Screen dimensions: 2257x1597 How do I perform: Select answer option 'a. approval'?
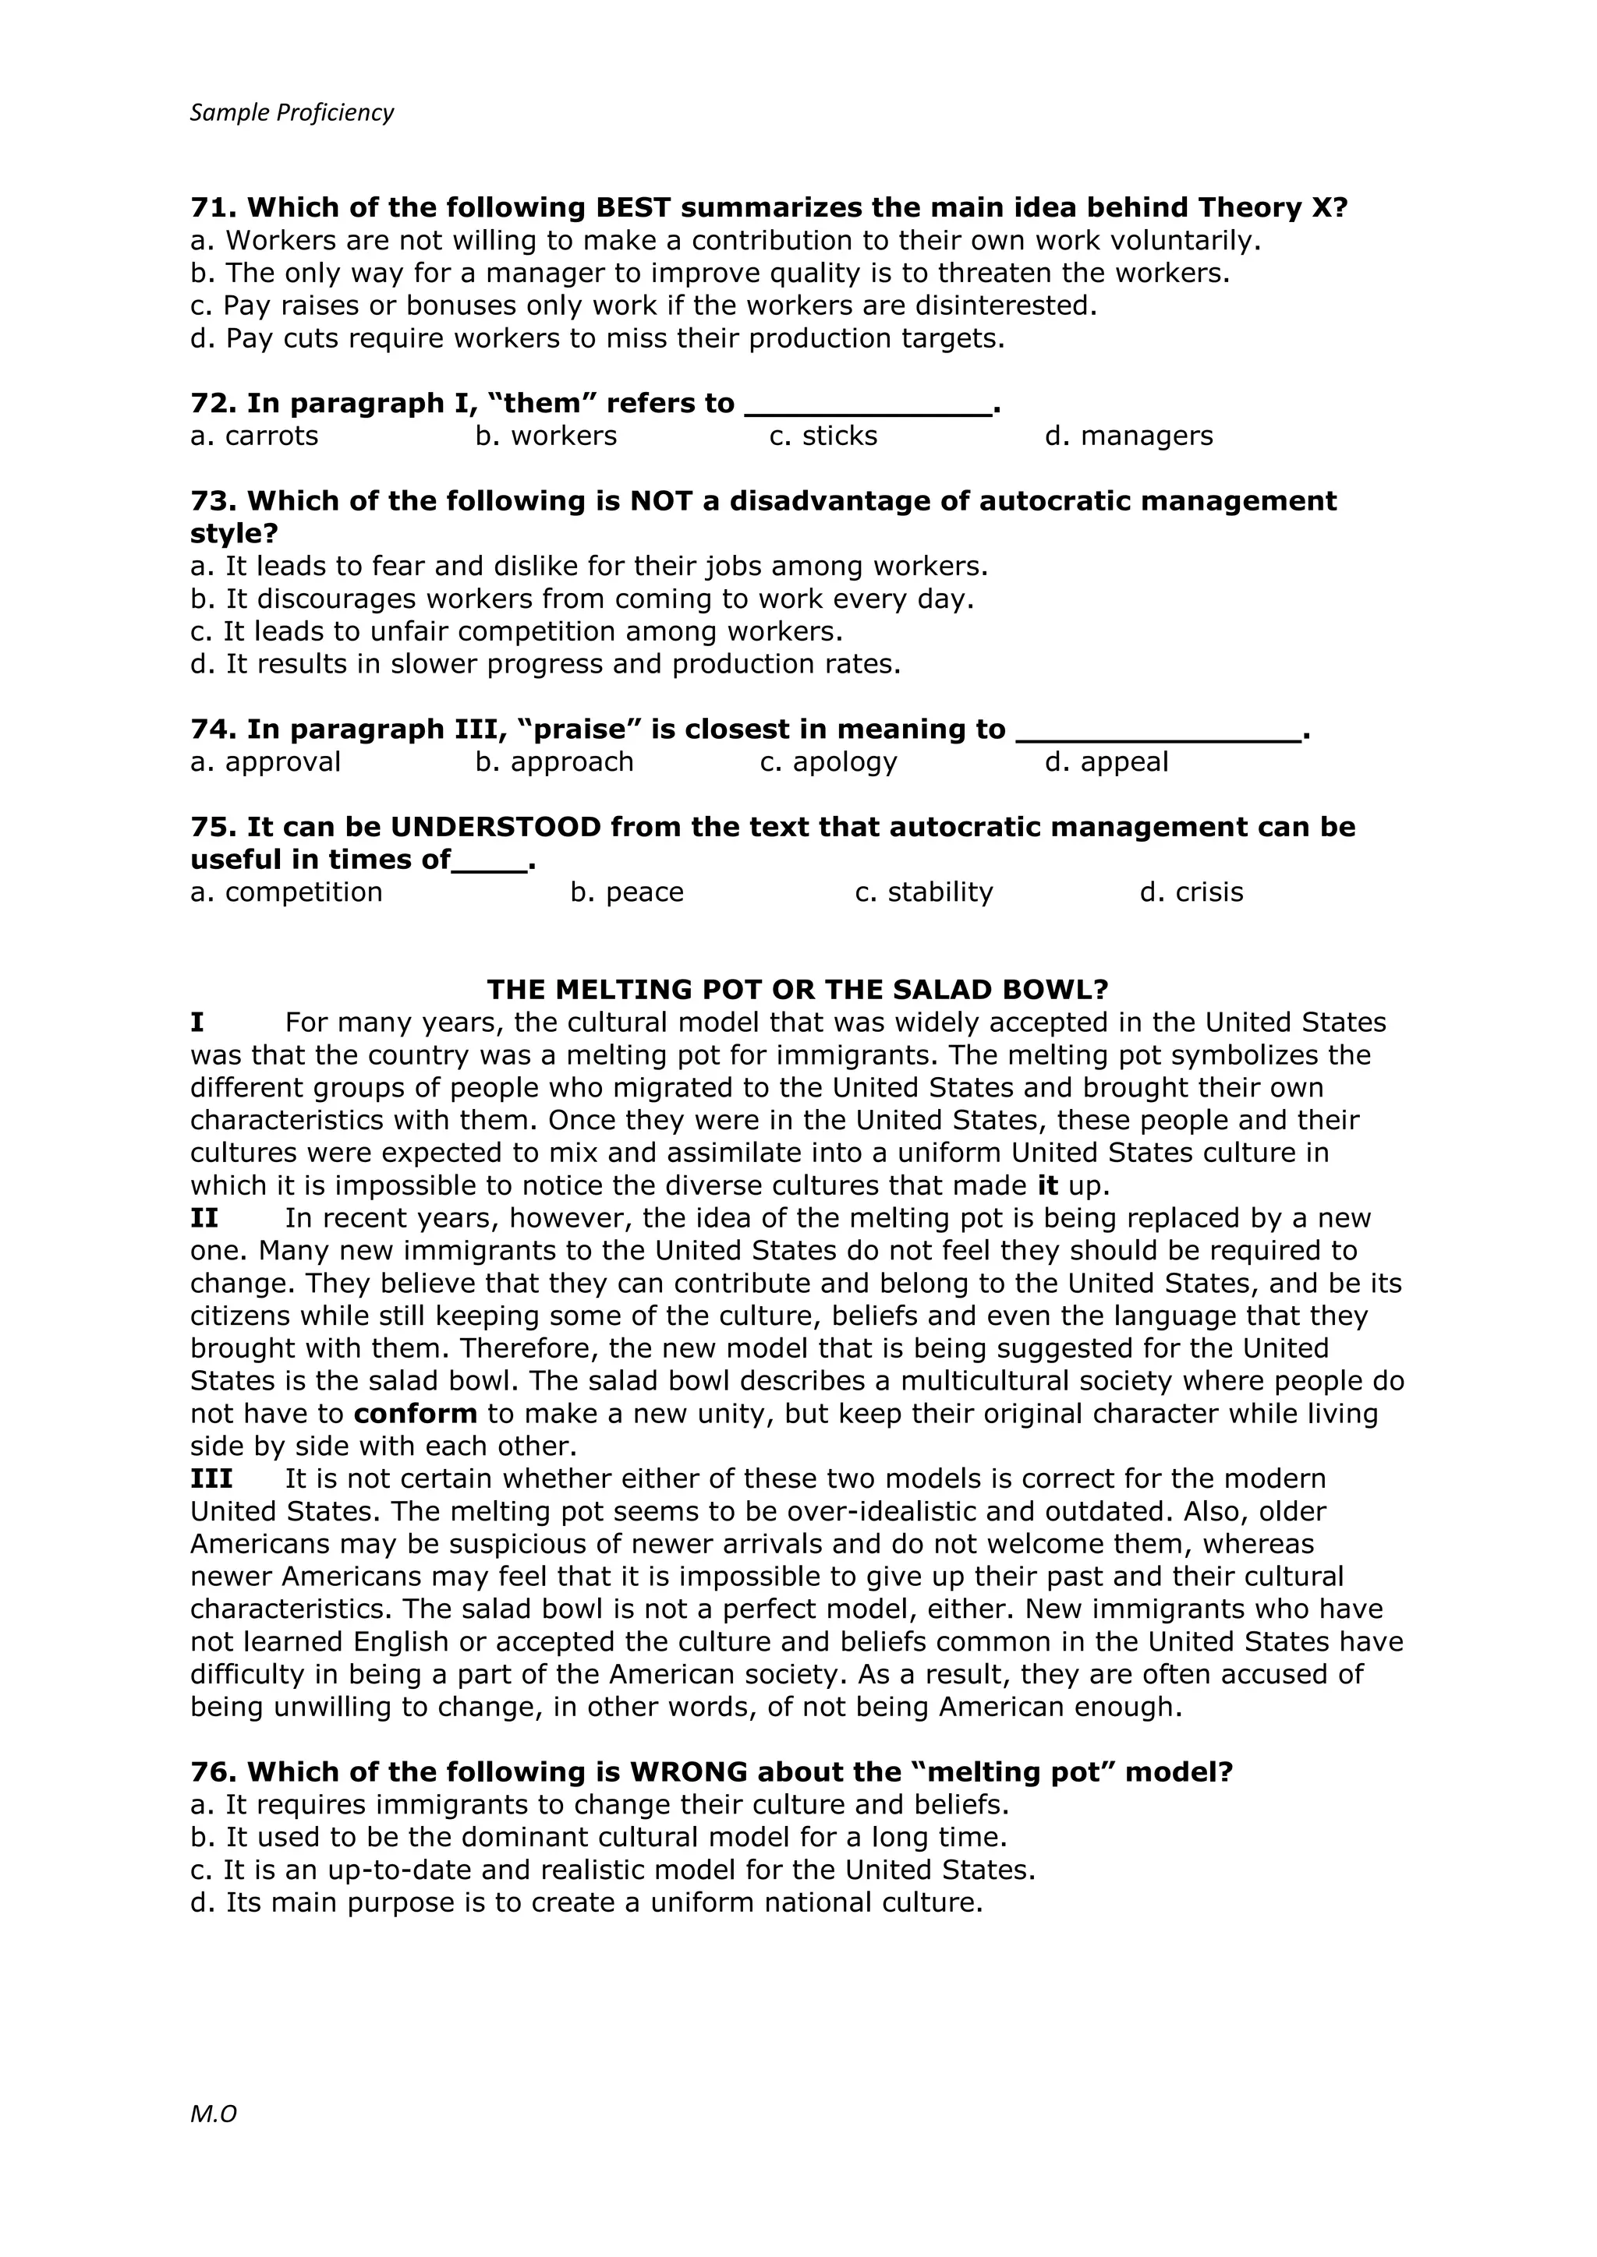264,763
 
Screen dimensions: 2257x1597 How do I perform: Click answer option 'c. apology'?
828,763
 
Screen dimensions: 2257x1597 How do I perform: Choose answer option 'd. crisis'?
1191,892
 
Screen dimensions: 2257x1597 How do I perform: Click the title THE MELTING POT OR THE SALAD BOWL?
798,989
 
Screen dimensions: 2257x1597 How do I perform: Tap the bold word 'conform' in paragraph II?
415,1415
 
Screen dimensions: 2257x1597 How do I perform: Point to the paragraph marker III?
211,1479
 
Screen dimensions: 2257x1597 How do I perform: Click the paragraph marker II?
204,1219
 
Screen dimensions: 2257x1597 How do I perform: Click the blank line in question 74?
1157,733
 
